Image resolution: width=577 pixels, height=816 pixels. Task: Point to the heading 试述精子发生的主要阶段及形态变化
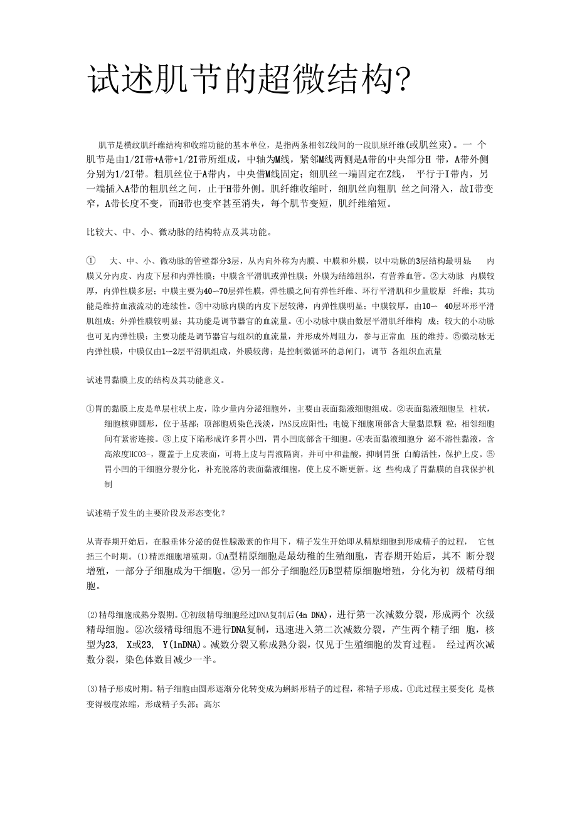tap(156, 512)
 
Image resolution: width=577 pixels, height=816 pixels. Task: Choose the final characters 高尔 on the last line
tap(210, 704)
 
